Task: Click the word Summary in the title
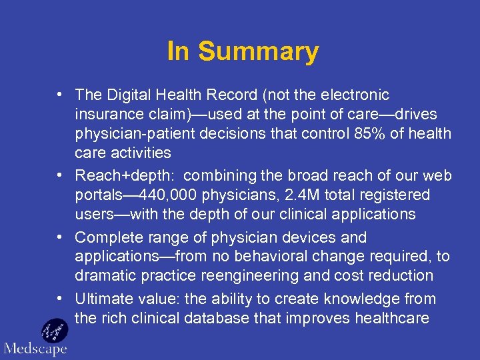(259, 51)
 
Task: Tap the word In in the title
(177, 51)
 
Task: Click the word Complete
(107, 237)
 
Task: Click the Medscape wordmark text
(35, 349)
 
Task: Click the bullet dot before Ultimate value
(60, 299)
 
